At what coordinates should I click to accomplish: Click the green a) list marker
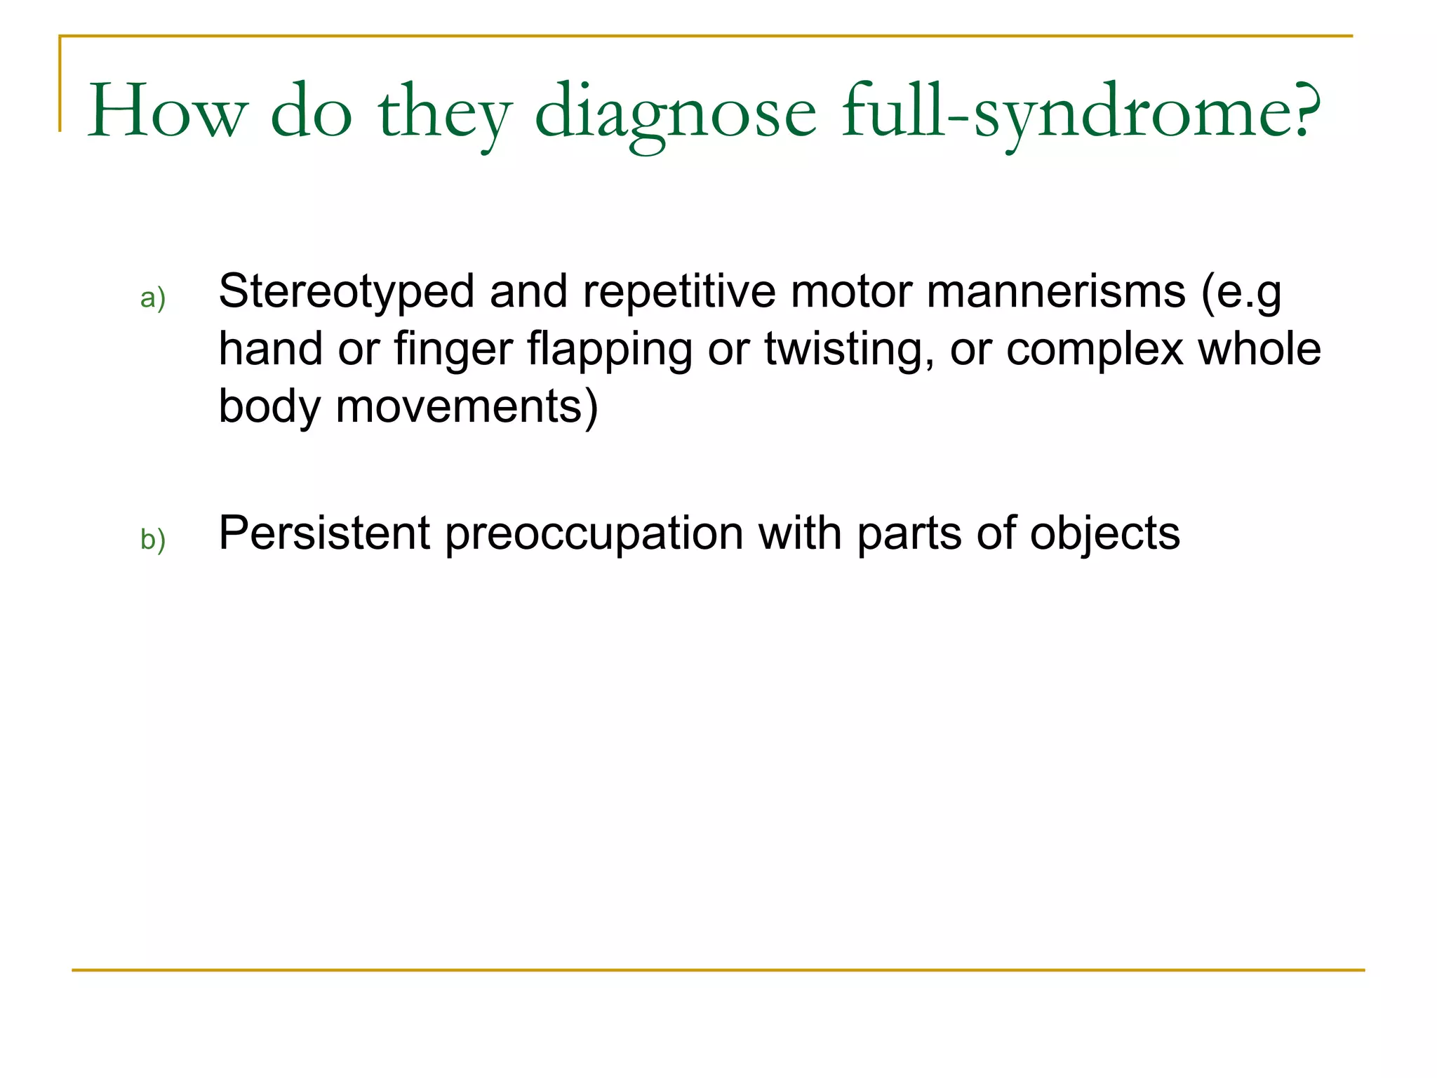153,298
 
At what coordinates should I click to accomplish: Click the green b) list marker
153,540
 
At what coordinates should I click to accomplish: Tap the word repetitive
679,292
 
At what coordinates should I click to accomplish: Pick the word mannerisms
1055,292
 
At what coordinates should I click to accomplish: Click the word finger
453,350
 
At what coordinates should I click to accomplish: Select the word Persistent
323,533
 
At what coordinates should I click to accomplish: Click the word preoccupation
594,535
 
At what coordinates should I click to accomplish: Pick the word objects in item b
1104,535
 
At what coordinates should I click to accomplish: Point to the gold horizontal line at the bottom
718,971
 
